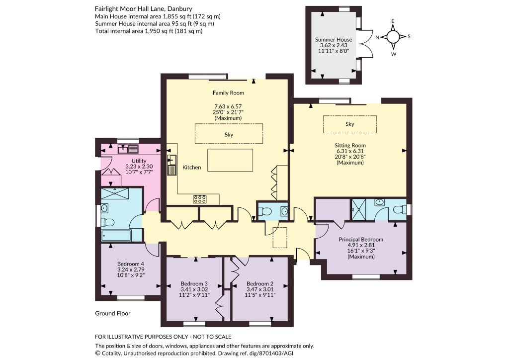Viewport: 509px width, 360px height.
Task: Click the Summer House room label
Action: pos(334,40)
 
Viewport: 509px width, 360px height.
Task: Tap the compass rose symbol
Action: pos(393,37)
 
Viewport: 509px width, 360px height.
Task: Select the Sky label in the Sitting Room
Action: pos(349,124)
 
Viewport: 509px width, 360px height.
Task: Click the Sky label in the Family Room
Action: pos(229,134)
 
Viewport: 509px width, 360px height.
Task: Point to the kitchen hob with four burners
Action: pos(200,199)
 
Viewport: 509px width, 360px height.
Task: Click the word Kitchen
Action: pos(191,168)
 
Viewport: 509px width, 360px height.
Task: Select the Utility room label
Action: pos(139,161)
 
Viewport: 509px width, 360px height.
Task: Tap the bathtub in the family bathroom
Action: pos(116,236)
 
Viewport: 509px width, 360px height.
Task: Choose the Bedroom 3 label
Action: pos(194,284)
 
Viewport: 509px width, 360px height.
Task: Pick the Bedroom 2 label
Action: pos(259,284)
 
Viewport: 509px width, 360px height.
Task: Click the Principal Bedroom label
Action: pos(361,240)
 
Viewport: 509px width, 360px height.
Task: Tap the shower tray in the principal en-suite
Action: pos(359,209)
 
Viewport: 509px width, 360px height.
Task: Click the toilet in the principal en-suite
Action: pos(400,210)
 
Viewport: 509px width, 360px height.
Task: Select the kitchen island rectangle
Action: pos(230,160)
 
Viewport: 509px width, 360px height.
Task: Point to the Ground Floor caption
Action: pos(113,313)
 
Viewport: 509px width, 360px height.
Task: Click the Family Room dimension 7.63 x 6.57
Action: pos(228,106)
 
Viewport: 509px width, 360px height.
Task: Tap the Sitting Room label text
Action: pos(350,145)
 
